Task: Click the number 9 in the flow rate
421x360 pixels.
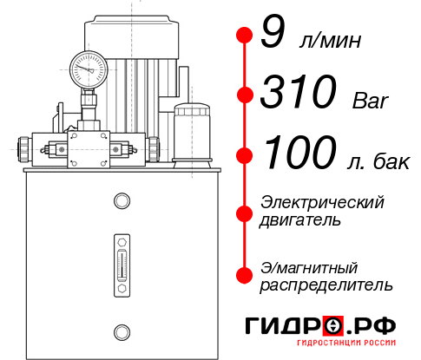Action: pyautogui.click(x=272, y=36)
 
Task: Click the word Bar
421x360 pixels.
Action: pyautogui.click(x=372, y=101)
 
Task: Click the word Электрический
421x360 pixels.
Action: pyautogui.click(x=321, y=202)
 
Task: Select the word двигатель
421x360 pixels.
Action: pyautogui.click(x=299, y=219)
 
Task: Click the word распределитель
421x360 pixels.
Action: pyautogui.click(x=326, y=284)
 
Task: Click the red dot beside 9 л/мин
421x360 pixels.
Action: pyautogui.click(x=244, y=36)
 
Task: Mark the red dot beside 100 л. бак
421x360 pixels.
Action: pyautogui.click(x=244, y=155)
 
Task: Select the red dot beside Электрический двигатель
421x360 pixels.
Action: pyautogui.click(x=244, y=212)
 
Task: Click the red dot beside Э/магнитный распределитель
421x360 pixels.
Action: pyautogui.click(x=244, y=274)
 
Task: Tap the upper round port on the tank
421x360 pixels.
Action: pyautogui.click(x=121, y=201)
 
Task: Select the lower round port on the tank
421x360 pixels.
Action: pyautogui.click(x=121, y=331)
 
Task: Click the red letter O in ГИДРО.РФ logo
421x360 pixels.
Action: pyautogui.click(x=332, y=325)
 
